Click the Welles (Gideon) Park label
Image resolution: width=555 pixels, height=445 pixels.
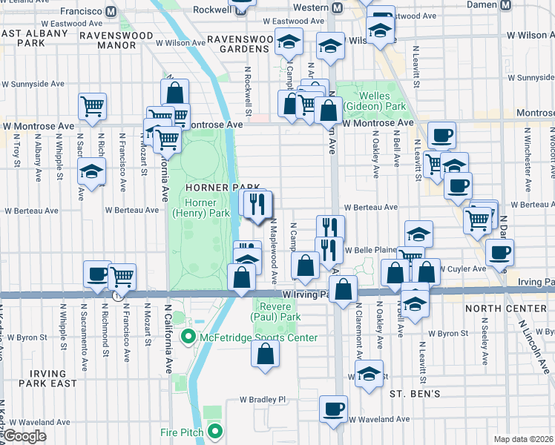click(x=379, y=101)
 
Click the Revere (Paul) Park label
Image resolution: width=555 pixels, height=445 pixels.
click(x=278, y=311)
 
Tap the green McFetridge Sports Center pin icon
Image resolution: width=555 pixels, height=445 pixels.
click(x=188, y=337)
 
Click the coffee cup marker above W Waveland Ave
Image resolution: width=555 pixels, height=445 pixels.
click(x=333, y=408)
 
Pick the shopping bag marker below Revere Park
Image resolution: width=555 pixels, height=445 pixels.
click(x=266, y=355)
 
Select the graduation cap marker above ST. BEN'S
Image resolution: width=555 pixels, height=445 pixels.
click(x=368, y=375)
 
